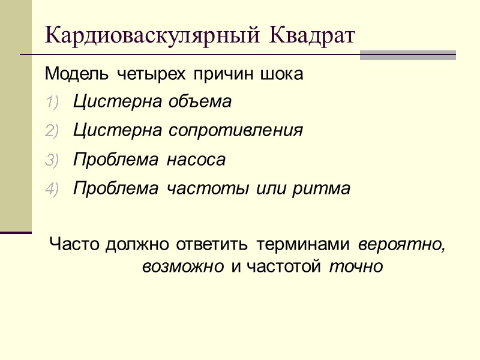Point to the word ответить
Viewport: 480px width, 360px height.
point(214,245)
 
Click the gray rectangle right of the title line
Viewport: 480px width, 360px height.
point(408,55)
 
